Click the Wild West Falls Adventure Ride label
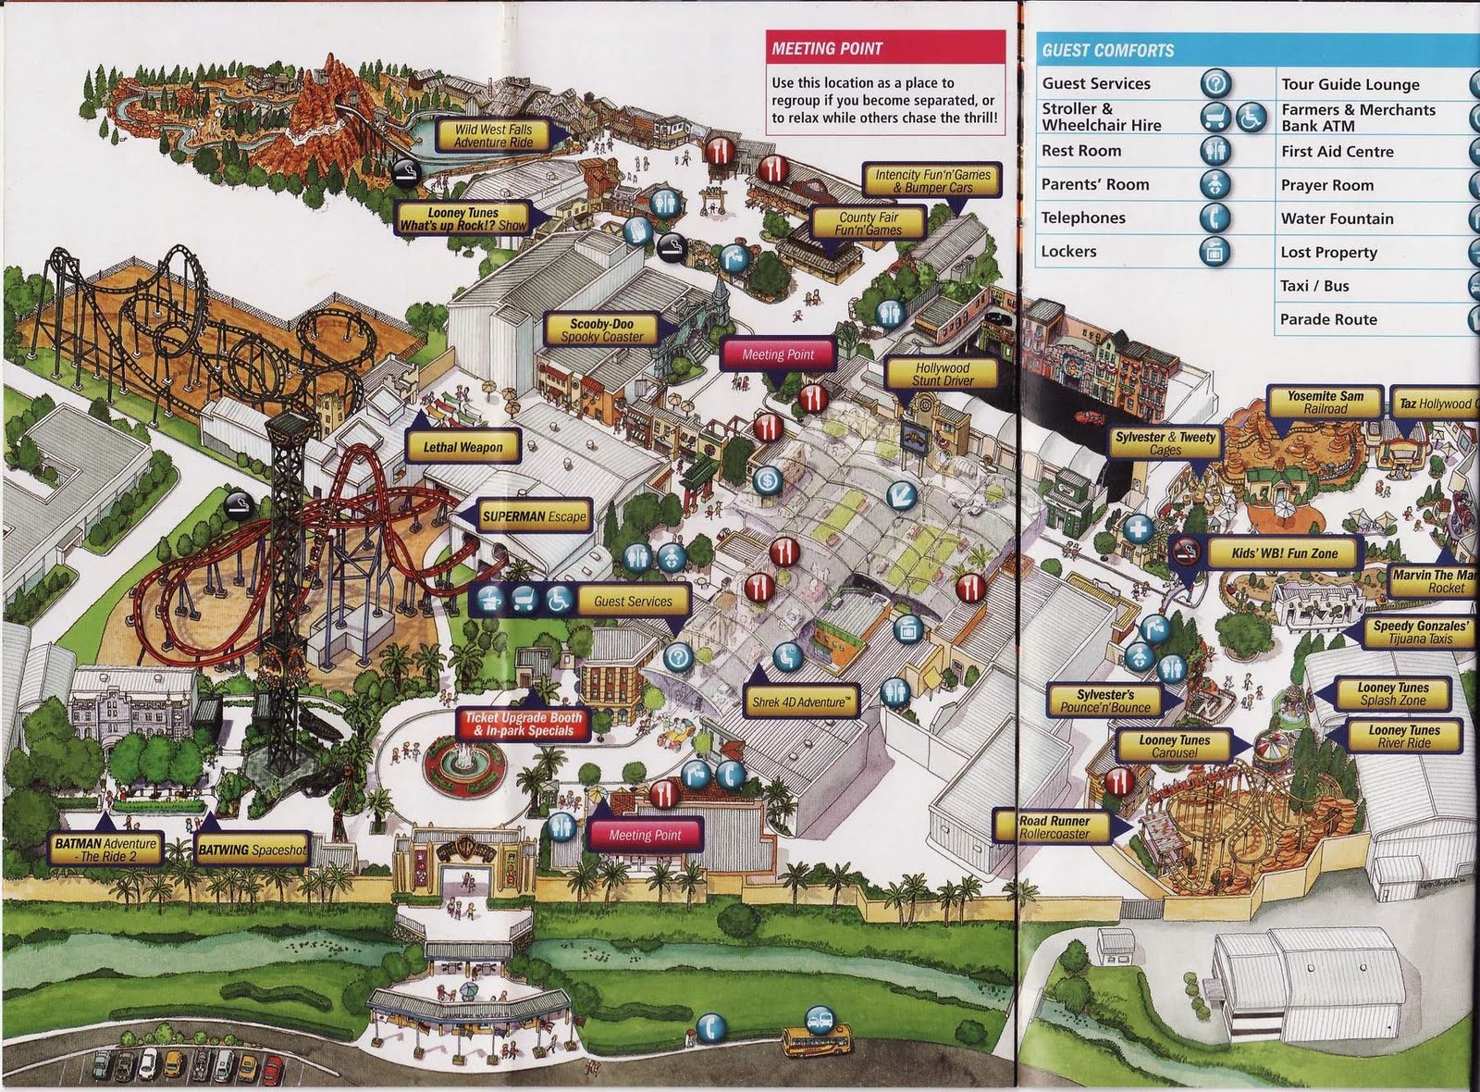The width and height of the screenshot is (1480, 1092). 493,136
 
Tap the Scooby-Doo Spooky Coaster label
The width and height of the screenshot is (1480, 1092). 601,330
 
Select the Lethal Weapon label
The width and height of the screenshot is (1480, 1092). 462,447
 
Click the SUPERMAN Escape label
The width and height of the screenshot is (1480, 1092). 535,516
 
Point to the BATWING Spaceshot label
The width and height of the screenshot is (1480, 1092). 251,850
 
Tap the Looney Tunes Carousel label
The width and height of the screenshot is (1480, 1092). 1174,746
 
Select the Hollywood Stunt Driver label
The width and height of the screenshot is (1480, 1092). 942,374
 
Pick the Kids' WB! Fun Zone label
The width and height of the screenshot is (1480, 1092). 1284,553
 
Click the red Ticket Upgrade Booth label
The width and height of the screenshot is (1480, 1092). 524,724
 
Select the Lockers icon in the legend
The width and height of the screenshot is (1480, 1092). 1215,251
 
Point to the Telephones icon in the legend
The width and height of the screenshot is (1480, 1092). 1215,217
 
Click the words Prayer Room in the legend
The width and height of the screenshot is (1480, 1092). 1326,185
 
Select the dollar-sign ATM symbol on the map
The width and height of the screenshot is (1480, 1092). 767,480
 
